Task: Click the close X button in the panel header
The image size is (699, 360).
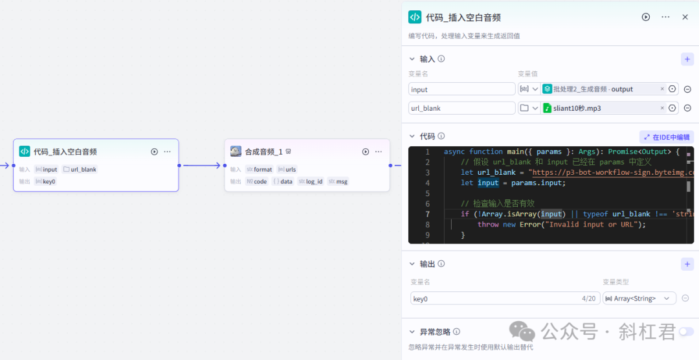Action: point(685,17)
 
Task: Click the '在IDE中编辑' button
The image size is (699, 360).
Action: point(667,137)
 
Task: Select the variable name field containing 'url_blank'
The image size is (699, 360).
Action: point(461,108)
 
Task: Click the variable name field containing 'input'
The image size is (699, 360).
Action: point(461,89)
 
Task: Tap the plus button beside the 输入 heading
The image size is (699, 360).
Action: point(687,59)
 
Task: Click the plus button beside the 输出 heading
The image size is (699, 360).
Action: point(687,264)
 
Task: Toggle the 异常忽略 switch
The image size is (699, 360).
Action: point(686,332)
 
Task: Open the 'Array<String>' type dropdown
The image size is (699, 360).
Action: point(639,298)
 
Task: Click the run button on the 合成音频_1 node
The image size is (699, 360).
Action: point(366,152)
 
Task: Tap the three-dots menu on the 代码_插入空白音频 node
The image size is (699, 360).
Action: point(168,152)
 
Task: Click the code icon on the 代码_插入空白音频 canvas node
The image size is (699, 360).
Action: point(25,152)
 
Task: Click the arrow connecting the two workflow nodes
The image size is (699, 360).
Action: point(201,165)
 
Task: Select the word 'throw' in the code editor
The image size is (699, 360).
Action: point(488,225)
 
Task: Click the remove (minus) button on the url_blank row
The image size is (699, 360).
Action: point(687,108)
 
